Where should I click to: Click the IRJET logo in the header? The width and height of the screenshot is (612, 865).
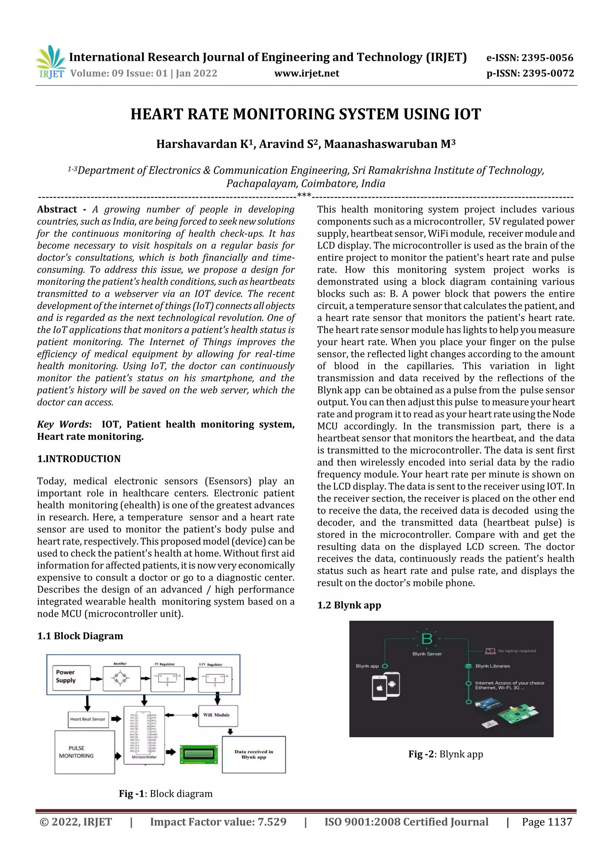[51, 62]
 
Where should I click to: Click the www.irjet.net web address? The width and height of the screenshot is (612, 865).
[307, 73]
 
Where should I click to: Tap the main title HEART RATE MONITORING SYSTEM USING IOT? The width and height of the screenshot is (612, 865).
[306, 114]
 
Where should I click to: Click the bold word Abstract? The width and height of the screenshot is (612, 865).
[57, 210]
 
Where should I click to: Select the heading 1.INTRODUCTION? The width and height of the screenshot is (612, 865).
[79, 459]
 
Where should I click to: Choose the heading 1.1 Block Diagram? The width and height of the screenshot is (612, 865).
[80, 636]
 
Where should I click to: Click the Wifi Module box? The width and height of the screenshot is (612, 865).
[218, 716]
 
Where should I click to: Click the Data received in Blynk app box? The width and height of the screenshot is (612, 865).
[254, 754]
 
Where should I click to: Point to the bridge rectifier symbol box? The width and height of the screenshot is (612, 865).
[121, 679]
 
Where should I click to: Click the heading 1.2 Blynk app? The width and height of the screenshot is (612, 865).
[349, 605]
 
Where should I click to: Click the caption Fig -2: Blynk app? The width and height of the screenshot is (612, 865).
[445, 754]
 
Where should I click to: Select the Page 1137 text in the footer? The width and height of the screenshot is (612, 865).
[547, 822]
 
